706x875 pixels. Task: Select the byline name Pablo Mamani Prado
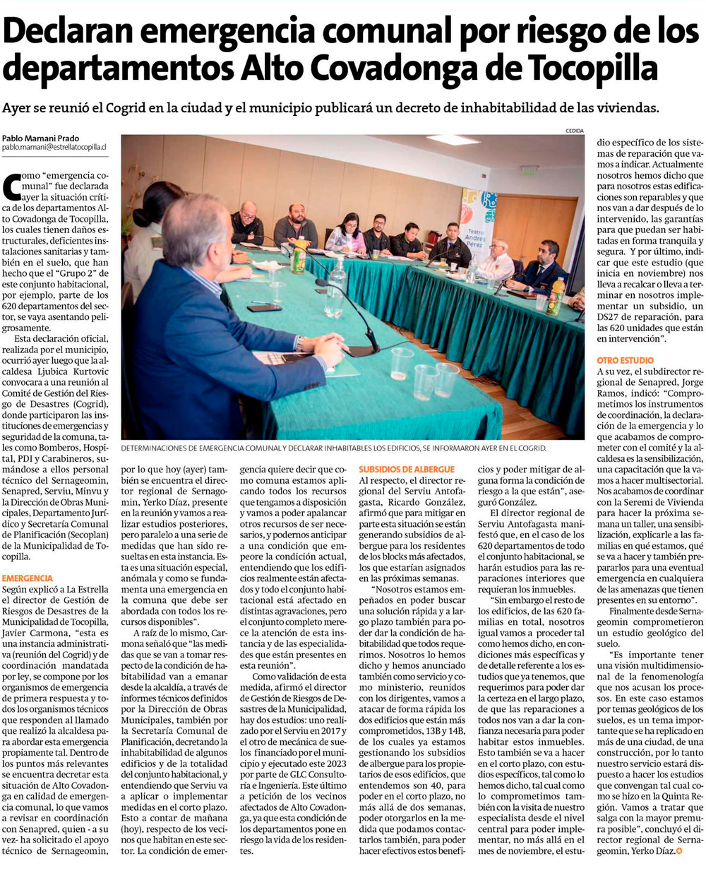(40, 138)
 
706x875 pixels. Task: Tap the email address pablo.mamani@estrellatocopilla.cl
(54, 148)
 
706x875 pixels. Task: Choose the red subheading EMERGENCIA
(27, 578)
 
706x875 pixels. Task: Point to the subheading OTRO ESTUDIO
(626, 360)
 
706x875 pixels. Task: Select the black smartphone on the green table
(264, 308)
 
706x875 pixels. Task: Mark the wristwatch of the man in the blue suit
(299, 344)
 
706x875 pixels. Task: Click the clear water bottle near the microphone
(336, 288)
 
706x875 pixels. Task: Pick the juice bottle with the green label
(300, 255)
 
